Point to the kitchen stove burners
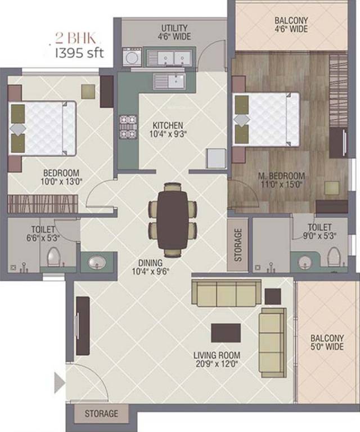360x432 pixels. pyautogui.click(x=128, y=127)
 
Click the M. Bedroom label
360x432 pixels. pyautogui.click(x=281, y=175)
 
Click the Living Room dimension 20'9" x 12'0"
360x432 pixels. pyautogui.click(x=217, y=364)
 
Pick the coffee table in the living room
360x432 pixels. pyautogui.click(x=226, y=332)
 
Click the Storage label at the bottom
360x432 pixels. pyautogui.click(x=101, y=414)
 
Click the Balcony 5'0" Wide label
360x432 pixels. pyautogui.click(x=326, y=343)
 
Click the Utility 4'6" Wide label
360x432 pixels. pyautogui.click(x=175, y=32)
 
